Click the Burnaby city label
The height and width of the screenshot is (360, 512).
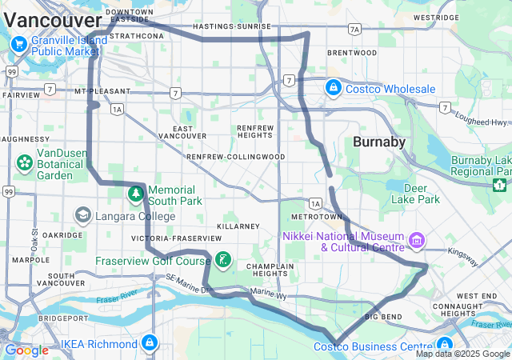coord(378,142)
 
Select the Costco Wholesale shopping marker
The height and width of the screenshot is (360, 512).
coord(332,87)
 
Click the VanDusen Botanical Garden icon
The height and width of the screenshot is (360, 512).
coord(24,163)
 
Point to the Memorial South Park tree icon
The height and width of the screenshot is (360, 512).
coord(136,193)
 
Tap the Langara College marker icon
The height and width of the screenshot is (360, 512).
coord(82,215)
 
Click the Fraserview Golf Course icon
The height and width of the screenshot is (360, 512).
coord(223,259)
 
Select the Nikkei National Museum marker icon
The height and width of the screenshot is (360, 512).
coord(416,240)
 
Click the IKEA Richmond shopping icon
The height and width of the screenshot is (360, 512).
coord(148,343)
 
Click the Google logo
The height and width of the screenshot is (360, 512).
coord(26,350)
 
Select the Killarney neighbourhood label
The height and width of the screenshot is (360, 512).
coord(238,226)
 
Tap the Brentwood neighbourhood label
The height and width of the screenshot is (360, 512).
coord(351,53)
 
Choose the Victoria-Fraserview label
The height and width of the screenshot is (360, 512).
coord(177,238)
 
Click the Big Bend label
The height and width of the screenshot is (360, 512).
coord(382,317)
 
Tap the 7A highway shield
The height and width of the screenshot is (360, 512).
coord(354,30)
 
